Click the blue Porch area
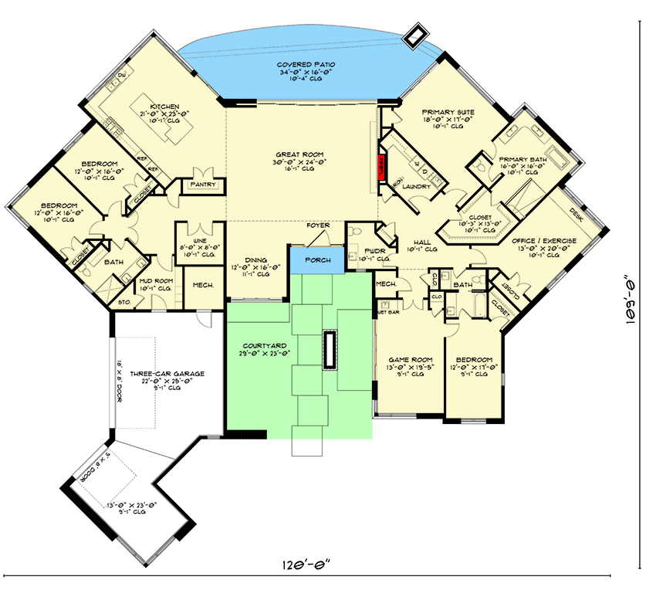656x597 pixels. coord(316,260)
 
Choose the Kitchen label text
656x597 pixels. coord(164,107)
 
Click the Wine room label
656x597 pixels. coord(200,240)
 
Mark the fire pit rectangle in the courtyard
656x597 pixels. coord(331,350)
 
